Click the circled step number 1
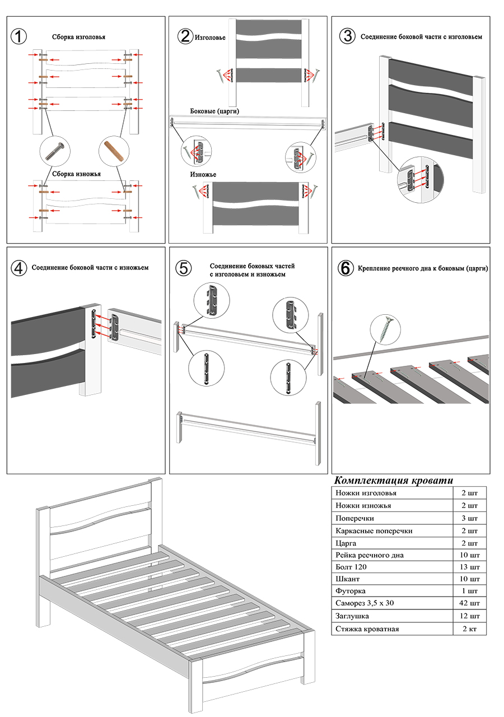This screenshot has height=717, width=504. point(19,36)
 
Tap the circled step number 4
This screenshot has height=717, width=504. point(19,268)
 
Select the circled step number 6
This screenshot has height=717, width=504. point(346,268)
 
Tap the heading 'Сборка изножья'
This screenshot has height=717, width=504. point(76,174)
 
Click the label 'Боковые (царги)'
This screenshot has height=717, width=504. point(215,111)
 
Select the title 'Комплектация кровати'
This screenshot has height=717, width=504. point(394,481)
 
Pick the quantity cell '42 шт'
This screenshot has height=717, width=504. point(469,604)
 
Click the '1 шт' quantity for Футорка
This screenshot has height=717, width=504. point(469,592)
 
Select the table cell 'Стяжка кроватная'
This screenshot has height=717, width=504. point(367,628)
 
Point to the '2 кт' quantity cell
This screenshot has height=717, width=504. point(469,628)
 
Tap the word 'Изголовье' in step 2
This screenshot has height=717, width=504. point(211,38)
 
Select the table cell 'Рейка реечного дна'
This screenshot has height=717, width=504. point(370,555)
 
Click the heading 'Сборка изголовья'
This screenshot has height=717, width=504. point(78,37)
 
